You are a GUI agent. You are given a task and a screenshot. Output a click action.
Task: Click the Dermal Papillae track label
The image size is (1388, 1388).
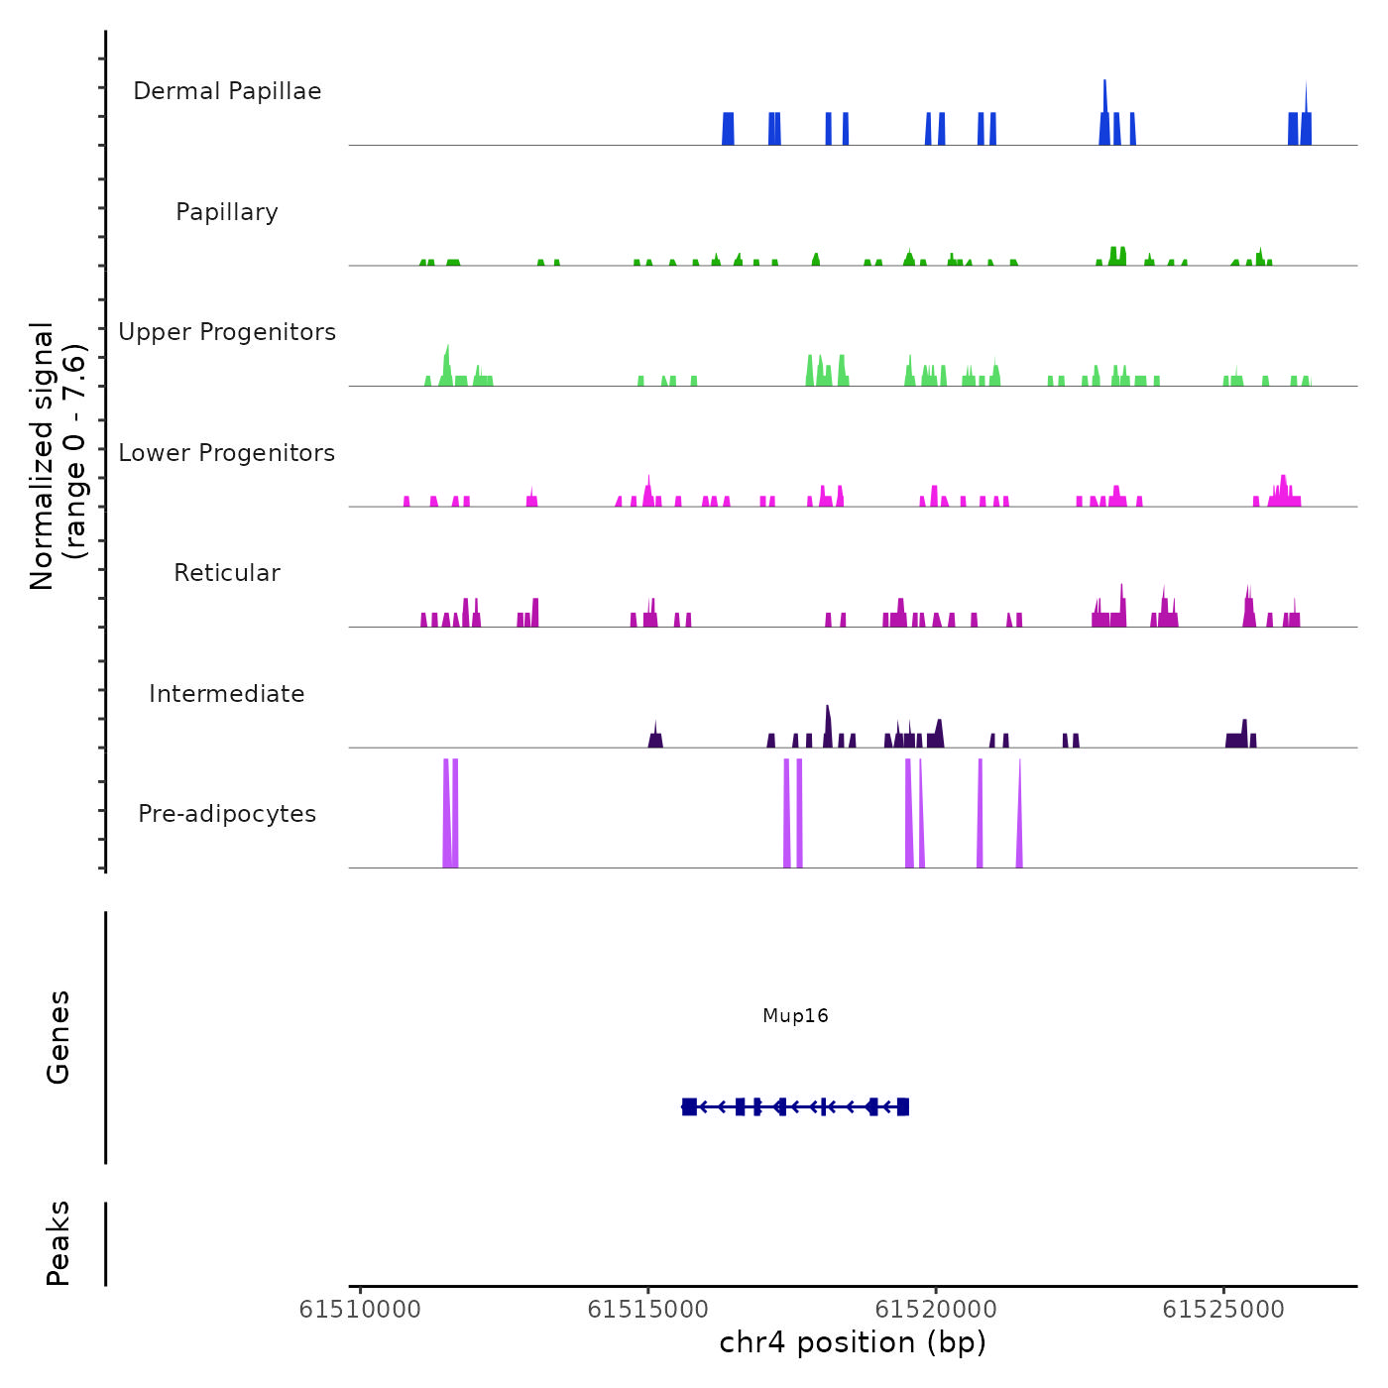227,91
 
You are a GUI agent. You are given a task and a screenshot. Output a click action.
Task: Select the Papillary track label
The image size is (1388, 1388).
227,212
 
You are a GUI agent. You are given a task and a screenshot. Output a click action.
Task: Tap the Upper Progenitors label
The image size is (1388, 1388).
227,332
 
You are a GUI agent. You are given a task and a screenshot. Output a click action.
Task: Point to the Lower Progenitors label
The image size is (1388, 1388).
227,453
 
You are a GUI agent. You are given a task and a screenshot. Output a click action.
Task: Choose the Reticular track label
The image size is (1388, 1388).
227,573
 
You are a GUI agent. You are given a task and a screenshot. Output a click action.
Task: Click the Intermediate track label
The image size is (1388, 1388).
227,694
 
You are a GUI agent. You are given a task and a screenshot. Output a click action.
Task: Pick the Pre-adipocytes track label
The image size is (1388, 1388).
227,814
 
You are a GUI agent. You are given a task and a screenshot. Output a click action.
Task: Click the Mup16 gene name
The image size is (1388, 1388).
795,1015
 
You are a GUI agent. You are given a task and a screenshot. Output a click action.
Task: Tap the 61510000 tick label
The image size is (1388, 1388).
360,1310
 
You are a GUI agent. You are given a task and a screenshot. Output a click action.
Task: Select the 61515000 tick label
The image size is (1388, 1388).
648,1310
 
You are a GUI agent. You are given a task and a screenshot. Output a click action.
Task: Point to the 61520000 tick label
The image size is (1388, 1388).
936,1310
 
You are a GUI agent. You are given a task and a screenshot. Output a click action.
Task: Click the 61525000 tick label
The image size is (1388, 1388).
1223,1310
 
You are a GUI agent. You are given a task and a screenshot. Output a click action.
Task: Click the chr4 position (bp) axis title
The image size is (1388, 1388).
853,1342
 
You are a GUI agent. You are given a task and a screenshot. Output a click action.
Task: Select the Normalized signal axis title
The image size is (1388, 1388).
58,455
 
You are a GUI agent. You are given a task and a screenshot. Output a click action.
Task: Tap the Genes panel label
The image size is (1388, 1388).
58,1037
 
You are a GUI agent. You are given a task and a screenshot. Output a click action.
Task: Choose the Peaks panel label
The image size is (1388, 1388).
58,1243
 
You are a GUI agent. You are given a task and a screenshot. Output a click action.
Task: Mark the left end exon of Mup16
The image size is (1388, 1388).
689,1106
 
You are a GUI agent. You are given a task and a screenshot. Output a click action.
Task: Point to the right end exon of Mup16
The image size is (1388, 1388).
903,1106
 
